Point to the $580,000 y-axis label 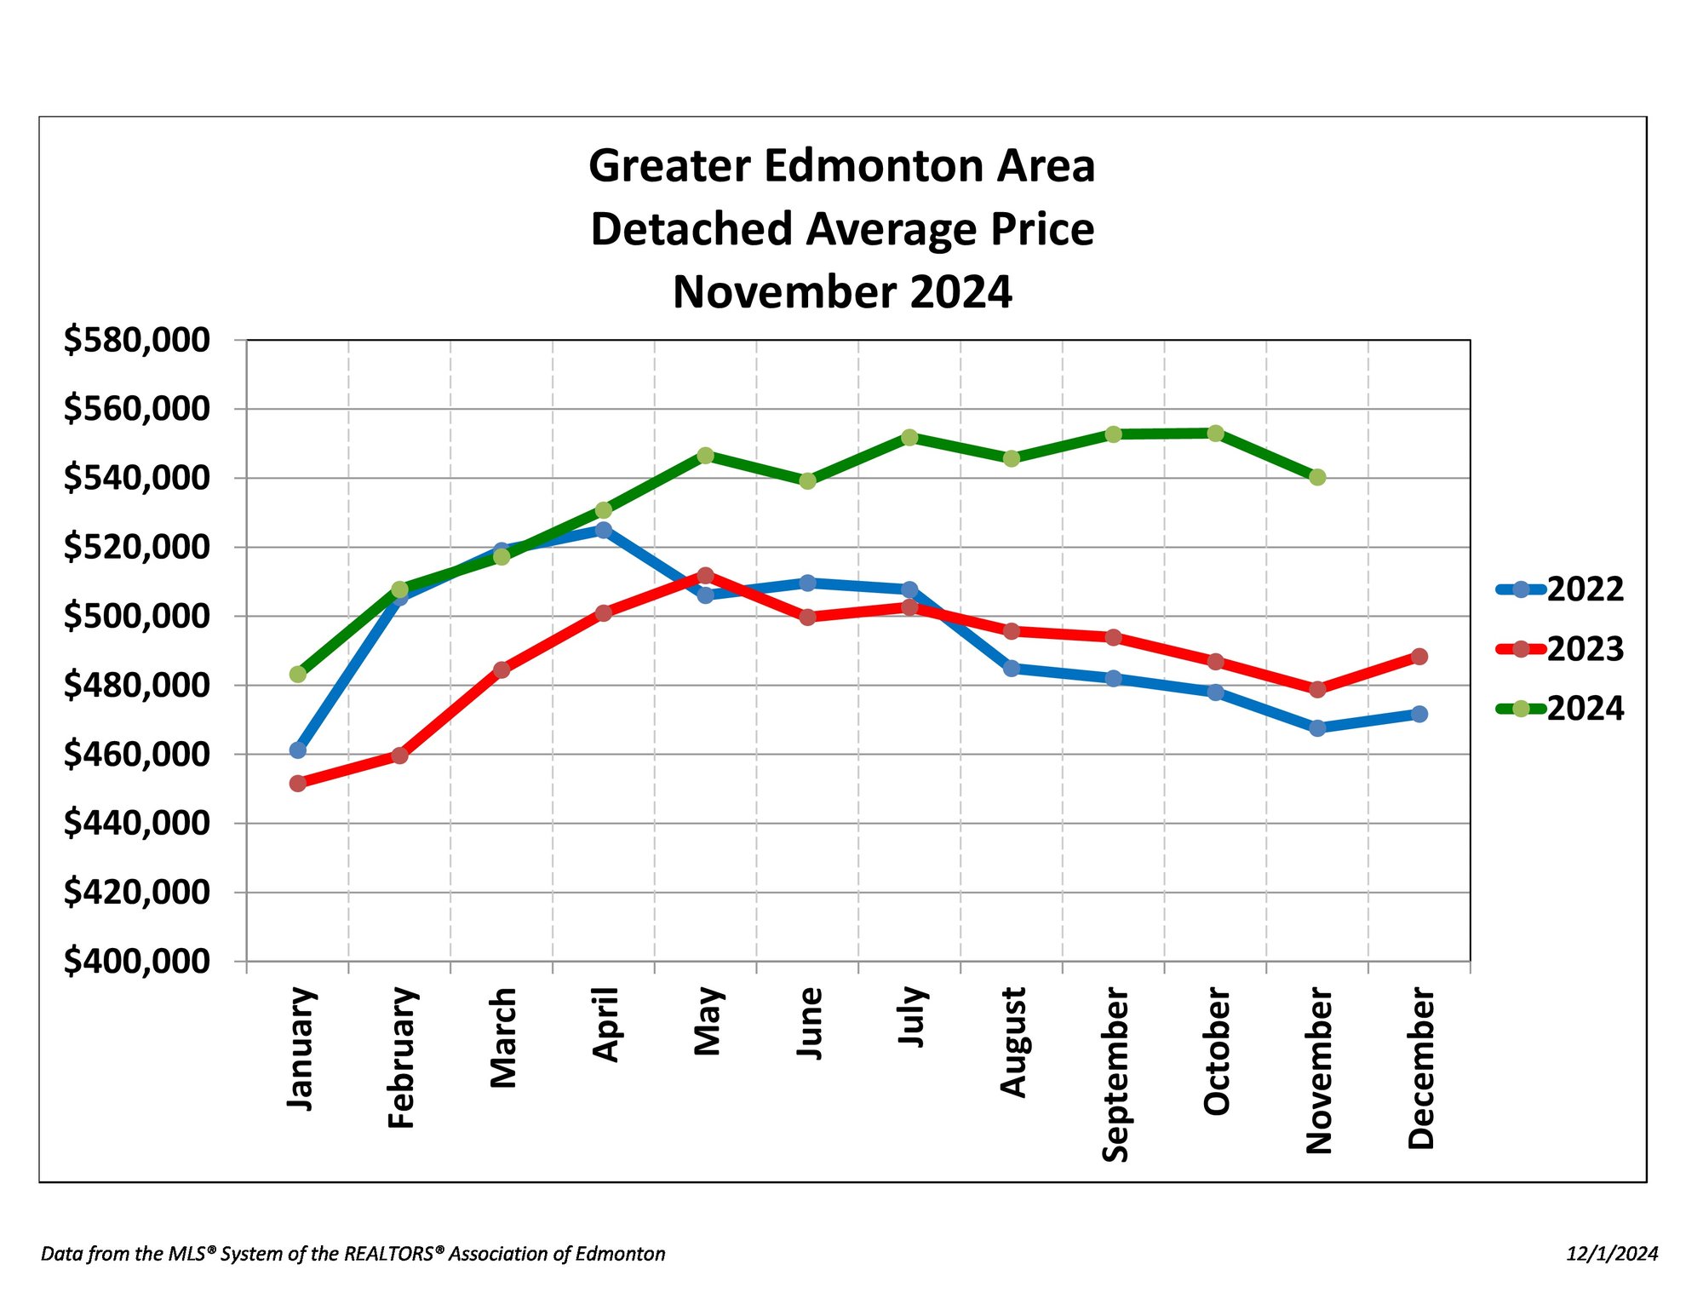pyautogui.click(x=136, y=340)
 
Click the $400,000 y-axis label pyautogui.click(x=136, y=961)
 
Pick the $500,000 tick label pyautogui.click(x=136, y=616)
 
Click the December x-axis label pyautogui.click(x=1420, y=1069)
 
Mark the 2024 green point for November pyautogui.click(x=1317, y=477)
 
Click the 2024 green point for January pyautogui.click(x=298, y=675)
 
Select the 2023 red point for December pyautogui.click(x=1419, y=657)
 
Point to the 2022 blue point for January pyautogui.click(x=298, y=750)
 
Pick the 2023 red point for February pyautogui.click(x=399, y=756)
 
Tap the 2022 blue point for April pyautogui.click(x=604, y=530)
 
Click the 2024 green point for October pyautogui.click(x=1216, y=434)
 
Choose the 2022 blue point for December pyautogui.click(x=1419, y=714)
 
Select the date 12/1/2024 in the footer pyautogui.click(x=1612, y=1254)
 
